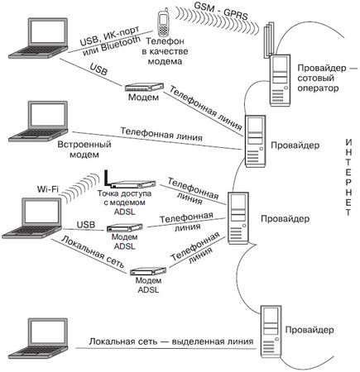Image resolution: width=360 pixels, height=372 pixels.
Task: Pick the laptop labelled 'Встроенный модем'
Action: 46,121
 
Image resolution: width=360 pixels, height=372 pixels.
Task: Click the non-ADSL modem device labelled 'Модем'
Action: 140,88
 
